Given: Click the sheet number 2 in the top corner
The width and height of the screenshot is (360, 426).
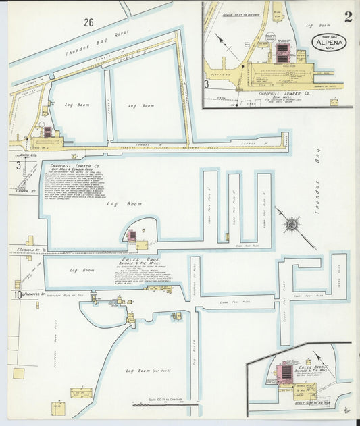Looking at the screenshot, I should (x=347, y=16).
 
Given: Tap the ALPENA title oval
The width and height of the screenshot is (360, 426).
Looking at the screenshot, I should (x=329, y=42).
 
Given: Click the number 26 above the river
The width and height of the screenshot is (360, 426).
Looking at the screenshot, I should (x=88, y=22).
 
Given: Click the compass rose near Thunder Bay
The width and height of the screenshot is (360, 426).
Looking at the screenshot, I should (x=292, y=223).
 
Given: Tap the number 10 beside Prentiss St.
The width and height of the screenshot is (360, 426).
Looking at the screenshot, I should (x=16, y=294).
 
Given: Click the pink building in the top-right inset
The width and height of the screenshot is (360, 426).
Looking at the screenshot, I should (x=283, y=55).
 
